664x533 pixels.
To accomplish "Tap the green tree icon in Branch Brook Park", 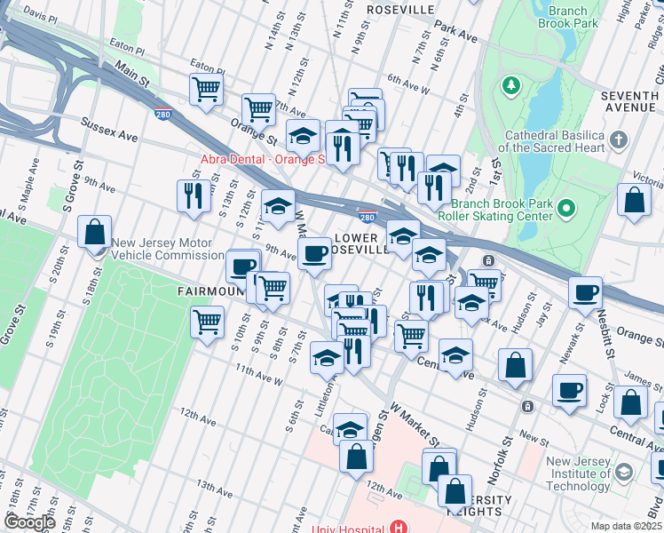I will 510,85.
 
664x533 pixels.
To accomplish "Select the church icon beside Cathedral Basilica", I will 619,139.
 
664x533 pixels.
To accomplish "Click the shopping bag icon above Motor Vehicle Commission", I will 94,233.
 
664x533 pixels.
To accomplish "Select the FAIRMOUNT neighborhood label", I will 209,290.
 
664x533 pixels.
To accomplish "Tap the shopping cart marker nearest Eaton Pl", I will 205,89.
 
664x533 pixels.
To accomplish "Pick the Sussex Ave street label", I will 110,130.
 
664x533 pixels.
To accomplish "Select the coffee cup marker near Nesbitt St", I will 584,293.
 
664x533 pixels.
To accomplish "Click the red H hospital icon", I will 397,528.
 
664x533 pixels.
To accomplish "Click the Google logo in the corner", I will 30,521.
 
